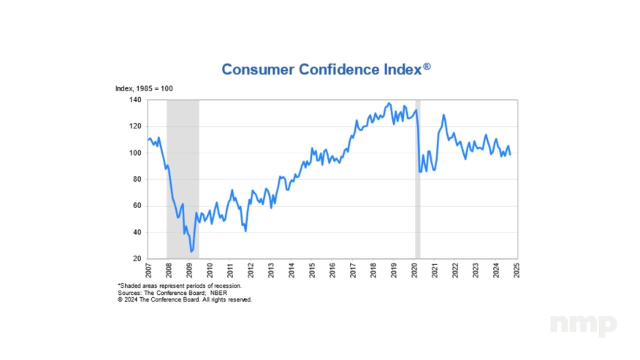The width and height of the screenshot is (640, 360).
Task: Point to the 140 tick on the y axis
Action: tap(137, 99)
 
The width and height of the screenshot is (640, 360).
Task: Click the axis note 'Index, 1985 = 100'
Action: tap(144, 88)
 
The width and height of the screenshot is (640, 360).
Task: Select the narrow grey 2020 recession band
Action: tap(417, 179)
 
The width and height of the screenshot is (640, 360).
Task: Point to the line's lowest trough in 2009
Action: tap(192, 251)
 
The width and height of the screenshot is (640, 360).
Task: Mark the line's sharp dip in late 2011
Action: tap(245, 231)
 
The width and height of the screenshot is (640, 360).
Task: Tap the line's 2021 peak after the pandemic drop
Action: tap(443, 115)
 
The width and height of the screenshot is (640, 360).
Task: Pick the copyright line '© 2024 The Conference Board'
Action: tap(184, 299)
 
